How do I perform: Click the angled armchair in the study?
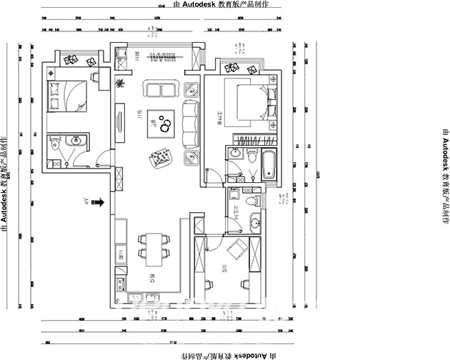coord(236,251)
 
